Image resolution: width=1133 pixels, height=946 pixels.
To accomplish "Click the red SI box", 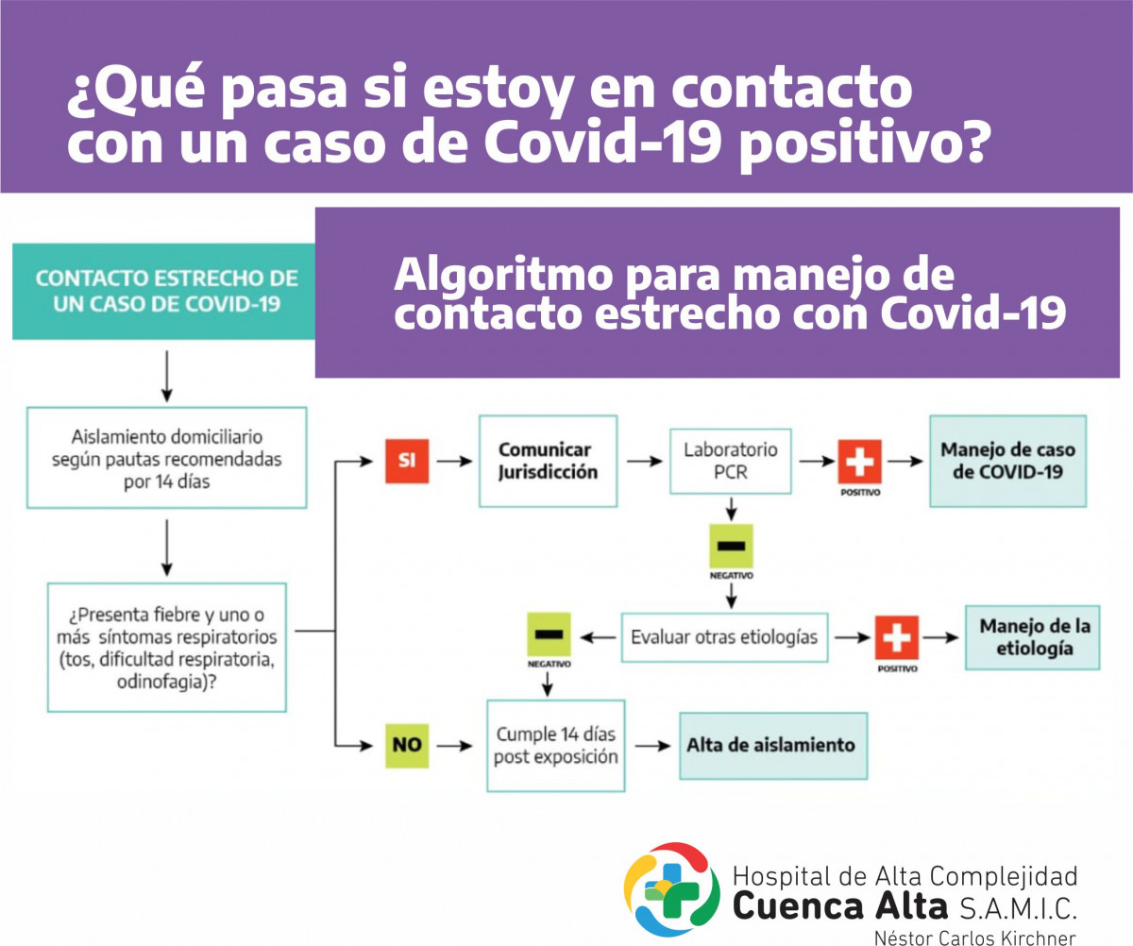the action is point(407,461).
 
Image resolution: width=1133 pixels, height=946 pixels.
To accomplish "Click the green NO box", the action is point(407,746).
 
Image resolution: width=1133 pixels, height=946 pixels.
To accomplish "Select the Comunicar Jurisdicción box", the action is point(548,462).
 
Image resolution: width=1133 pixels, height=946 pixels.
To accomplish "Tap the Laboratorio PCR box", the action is point(731,462).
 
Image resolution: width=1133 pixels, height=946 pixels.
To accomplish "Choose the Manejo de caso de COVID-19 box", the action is point(1008,462).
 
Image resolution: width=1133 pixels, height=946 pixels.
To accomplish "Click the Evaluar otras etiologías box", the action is point(724,637).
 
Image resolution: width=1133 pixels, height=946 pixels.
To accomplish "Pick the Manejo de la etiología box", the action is point(1033,637).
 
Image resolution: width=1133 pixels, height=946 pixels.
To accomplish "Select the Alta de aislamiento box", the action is point(773,746).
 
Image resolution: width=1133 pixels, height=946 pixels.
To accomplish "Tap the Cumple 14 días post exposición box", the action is point(556,746).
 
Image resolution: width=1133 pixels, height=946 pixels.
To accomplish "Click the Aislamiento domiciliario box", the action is point(166,458).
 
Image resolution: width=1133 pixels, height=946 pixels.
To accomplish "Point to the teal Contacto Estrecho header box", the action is point(164,292).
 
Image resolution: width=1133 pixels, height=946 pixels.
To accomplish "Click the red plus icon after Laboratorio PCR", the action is point(859,462).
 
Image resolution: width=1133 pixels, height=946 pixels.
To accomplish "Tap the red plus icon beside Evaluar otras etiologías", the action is point(897,637).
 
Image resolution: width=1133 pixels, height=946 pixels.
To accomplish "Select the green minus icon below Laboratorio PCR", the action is point(732,546).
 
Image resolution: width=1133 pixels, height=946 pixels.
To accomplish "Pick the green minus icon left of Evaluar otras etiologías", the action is point(550,634).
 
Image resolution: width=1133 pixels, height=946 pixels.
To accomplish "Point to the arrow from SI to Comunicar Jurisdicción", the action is point(455,462).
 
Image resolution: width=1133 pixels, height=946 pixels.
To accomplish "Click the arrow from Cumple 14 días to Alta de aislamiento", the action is point(652,746).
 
